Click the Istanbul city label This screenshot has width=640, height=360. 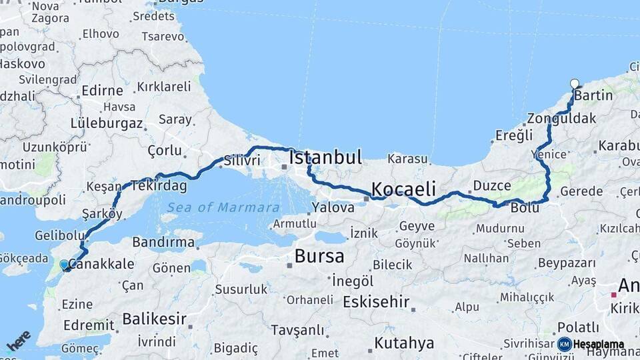[325, 157]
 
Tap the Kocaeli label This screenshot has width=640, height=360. [403, 189]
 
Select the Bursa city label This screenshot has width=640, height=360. [319, 256]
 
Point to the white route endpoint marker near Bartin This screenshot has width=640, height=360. [575, 84]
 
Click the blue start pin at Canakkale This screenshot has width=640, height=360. [64, 265]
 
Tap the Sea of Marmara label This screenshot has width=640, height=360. [223, 207]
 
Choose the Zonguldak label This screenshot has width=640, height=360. [561, 119]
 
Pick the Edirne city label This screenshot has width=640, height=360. [102, 91]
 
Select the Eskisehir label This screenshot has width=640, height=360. [376, 301]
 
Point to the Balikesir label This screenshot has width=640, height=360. [154, 319]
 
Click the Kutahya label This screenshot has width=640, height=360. [404, 343]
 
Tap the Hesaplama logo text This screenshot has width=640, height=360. [598, 345]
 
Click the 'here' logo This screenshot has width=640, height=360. [19, 340]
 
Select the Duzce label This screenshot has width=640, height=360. [491, 185]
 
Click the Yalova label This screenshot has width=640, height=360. [333, 207]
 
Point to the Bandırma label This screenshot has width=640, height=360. [163, 242]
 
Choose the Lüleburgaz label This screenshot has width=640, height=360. [107, 123]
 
